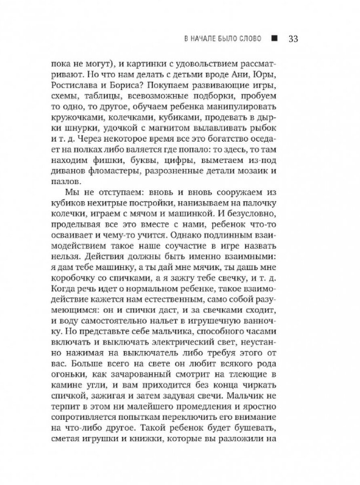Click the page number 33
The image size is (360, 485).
point(293,39)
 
